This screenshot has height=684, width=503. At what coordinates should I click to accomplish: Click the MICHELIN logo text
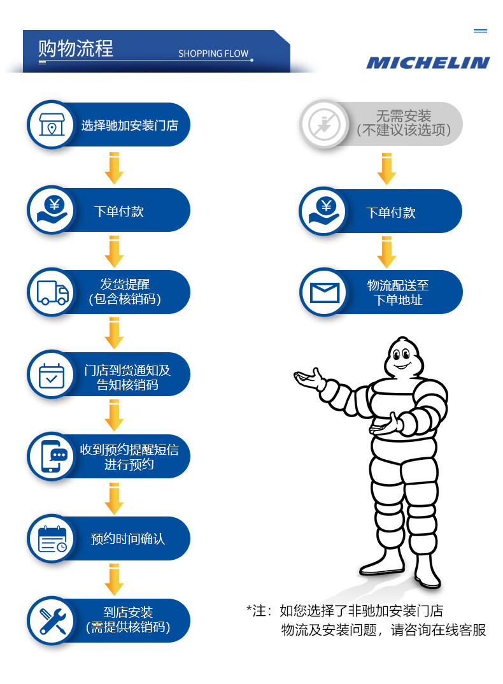(427, 62)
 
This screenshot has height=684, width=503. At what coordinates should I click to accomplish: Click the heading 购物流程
(76, 48)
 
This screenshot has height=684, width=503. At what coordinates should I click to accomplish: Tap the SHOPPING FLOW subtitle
(213, 53)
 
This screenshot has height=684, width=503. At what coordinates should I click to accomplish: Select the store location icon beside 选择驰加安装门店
(52, 125)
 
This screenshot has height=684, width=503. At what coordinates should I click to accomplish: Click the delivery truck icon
(52, 292)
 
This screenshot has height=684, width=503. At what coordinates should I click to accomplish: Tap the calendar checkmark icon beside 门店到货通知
(52, 375)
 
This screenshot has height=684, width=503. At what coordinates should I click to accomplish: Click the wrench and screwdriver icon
(52, 620)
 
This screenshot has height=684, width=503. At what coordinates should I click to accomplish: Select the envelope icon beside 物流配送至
(325, 292)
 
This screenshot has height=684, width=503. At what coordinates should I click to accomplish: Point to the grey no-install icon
(325, 124)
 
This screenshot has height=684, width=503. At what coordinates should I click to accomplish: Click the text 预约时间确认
(128, 539)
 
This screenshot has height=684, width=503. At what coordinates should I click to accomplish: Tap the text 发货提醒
(125, 284)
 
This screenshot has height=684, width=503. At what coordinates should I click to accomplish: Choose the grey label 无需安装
(404, 116)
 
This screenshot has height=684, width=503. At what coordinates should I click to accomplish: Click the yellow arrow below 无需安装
(386, 169)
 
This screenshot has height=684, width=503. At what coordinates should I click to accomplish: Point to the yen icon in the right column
(325, 211)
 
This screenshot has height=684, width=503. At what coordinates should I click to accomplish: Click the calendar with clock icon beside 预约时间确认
(52, 539)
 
